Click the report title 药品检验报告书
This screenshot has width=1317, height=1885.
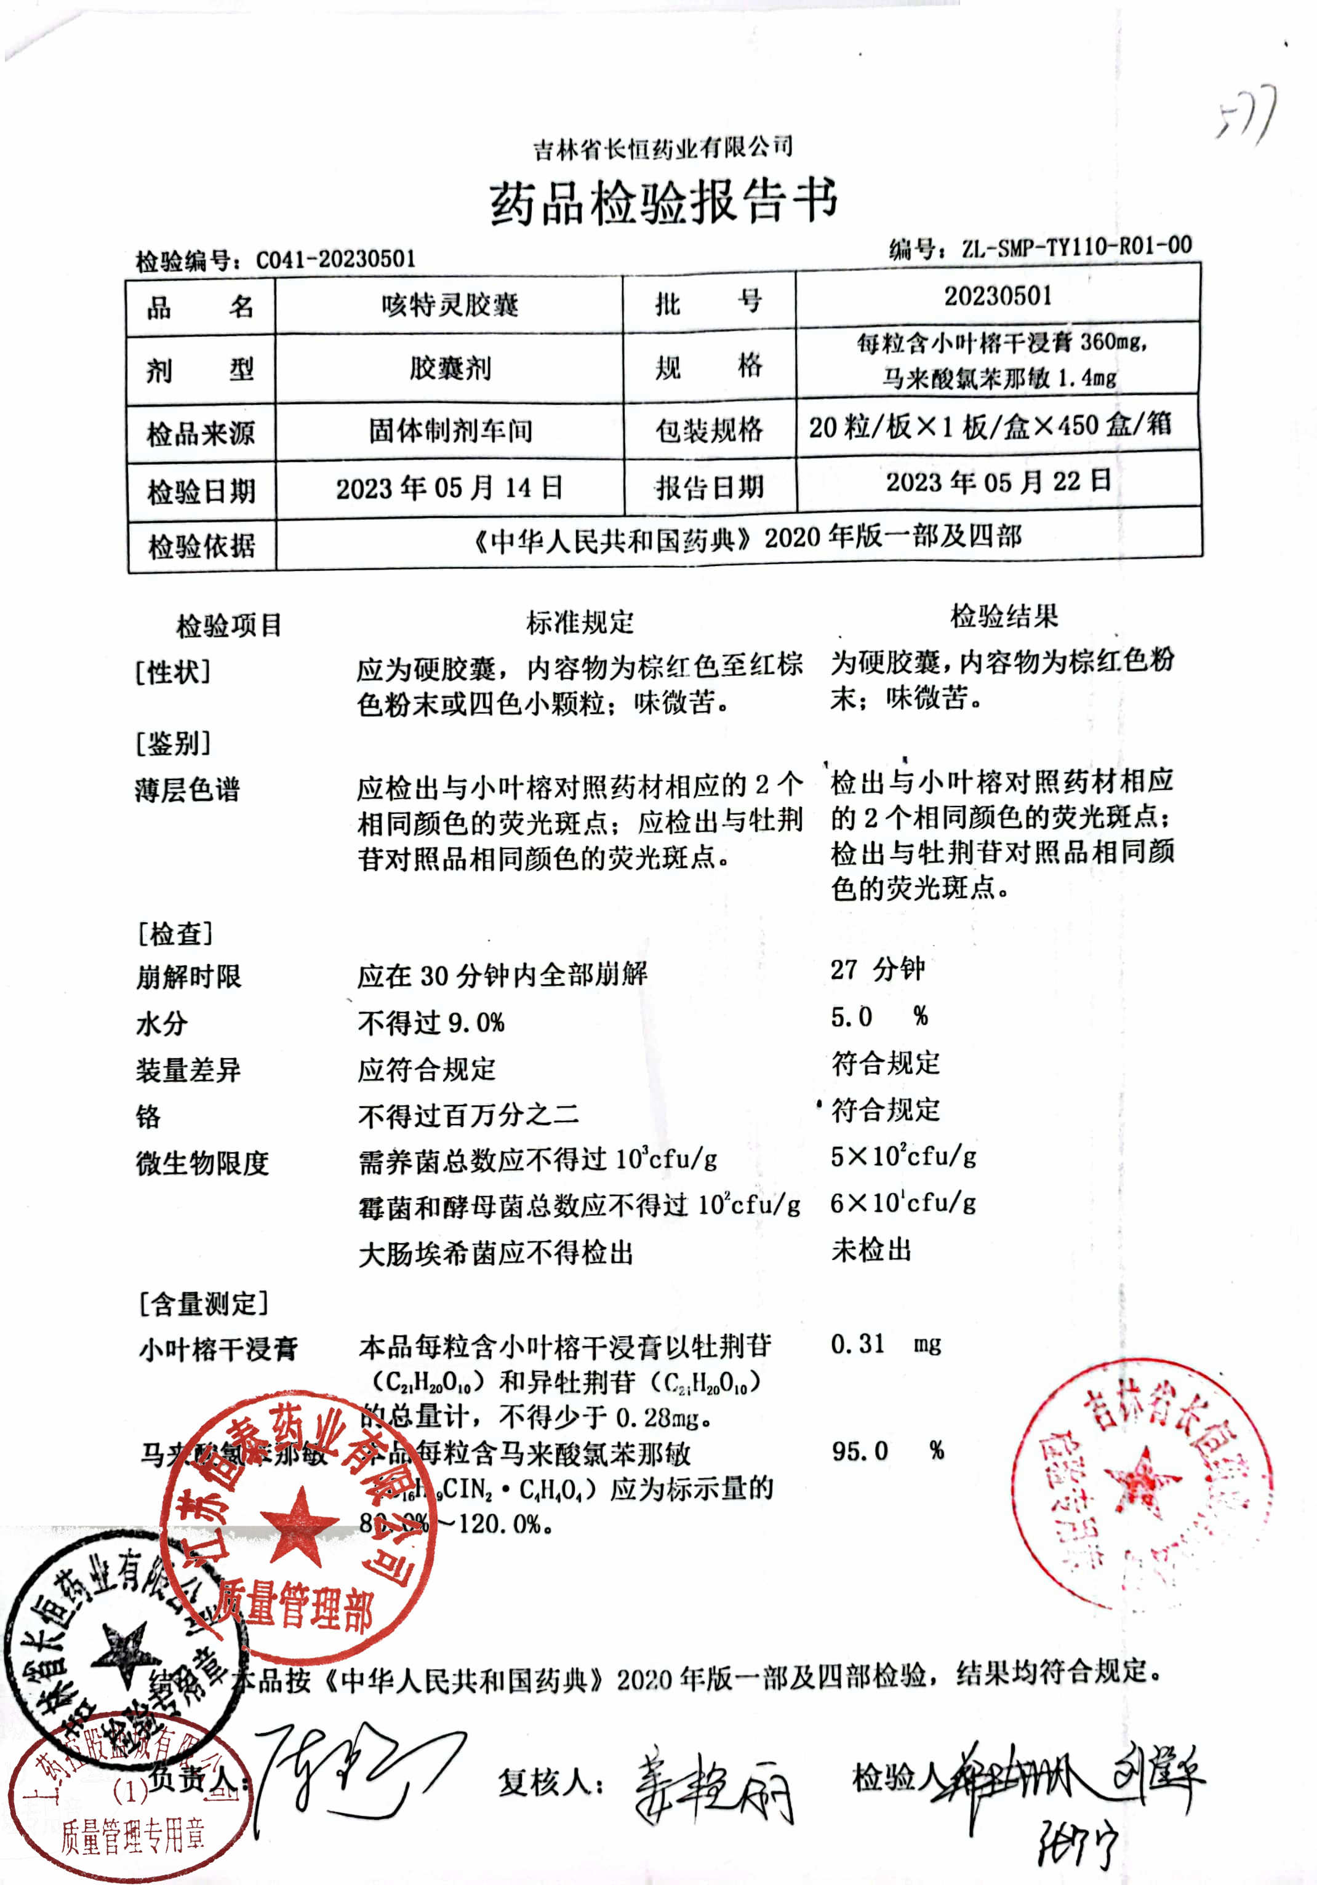[x=663, y=201]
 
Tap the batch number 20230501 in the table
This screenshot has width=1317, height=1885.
[x=997, y=295]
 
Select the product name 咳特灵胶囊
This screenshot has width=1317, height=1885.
[x=449, y=305]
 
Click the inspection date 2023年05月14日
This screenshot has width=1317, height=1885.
[x=449, y=488]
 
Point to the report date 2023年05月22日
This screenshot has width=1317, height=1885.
[x=998, y=481]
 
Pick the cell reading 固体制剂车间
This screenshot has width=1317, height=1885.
[x=450, y=429]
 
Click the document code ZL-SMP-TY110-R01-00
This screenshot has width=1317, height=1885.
[x=1076, y=245]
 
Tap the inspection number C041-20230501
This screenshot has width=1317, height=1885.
[x=335, y=260]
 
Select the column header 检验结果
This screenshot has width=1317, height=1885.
[x=1003, y=616]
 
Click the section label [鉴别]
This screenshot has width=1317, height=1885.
[x=174, y=744]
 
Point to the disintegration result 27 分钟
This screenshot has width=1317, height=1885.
[x=877, y=970]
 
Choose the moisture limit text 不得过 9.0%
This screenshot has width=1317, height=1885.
[x=431, y=1023]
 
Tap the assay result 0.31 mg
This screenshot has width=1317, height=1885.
[x=885, y=1344]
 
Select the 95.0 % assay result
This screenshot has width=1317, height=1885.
[x=887, y=1451]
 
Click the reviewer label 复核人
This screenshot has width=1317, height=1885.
[x=550, y=1782]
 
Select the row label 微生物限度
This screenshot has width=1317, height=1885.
[x=202, y=1163]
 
